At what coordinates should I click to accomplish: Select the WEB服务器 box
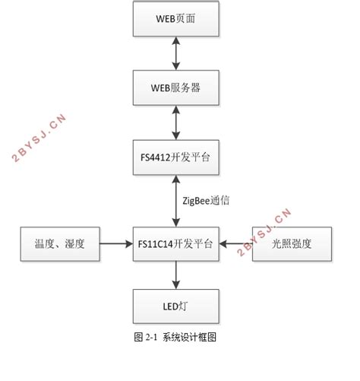[x=176, y=87]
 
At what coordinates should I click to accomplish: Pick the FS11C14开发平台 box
[x=176, y=243]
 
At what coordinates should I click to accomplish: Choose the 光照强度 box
[x=292, y=243]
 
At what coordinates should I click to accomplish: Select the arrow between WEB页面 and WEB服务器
[x=176, y=53]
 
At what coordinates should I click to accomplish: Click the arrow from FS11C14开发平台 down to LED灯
[x=176, y=274]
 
